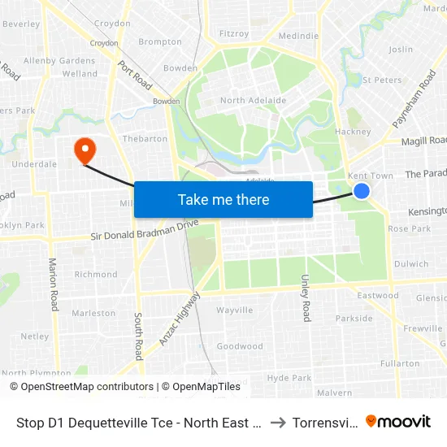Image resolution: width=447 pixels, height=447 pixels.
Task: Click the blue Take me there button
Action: (223, 199)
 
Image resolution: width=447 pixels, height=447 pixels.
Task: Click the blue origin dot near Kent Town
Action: (362, 190)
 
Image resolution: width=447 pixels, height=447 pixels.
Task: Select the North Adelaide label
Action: (253, 101)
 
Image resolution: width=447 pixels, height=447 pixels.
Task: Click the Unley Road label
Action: (306, 297)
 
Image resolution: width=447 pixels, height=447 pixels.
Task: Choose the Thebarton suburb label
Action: (145, 139)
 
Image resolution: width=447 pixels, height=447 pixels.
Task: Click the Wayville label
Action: (235, 310)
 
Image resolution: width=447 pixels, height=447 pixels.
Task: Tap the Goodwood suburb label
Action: (240, 346)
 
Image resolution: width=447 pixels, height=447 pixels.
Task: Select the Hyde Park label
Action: (289, 378)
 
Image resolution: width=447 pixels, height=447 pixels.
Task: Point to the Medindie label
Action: (298, 37)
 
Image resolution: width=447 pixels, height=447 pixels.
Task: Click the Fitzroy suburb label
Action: (234, 34)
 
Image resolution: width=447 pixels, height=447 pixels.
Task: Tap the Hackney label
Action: (352, 132)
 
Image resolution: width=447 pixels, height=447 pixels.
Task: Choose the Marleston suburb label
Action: (93, 313)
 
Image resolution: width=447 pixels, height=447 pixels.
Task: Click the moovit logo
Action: (399, 421)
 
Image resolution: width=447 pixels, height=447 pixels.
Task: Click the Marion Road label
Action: (54, 284)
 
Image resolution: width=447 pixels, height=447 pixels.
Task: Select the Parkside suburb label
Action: (354, 319)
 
